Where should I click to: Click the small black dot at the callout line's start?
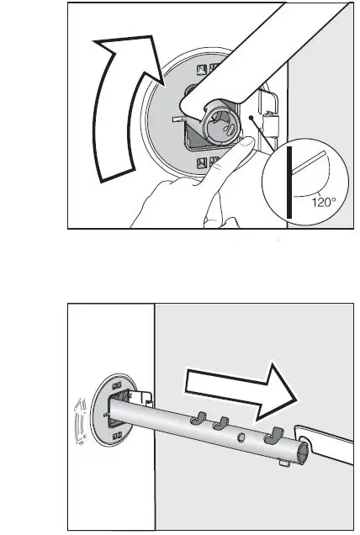[252, 118]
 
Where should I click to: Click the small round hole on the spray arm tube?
[241, 437]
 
